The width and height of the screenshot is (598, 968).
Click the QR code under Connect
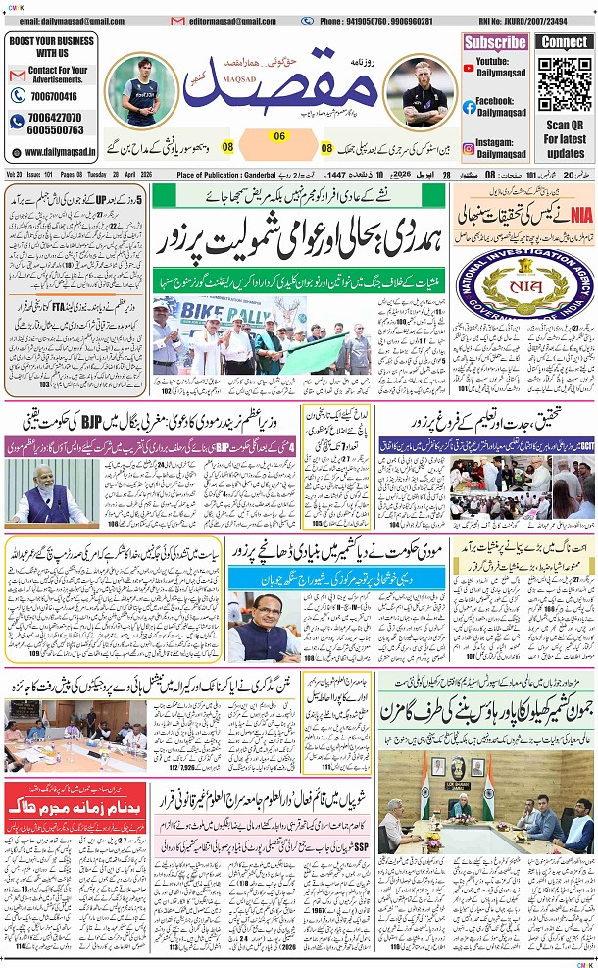565,85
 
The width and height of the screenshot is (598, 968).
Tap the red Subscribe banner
495,42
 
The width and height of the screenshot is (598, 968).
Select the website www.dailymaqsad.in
60,152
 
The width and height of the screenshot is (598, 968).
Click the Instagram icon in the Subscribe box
470,146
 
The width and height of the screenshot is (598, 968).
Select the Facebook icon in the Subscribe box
470,107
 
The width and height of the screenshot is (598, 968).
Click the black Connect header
565,42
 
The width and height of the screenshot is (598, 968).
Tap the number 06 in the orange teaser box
278,136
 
